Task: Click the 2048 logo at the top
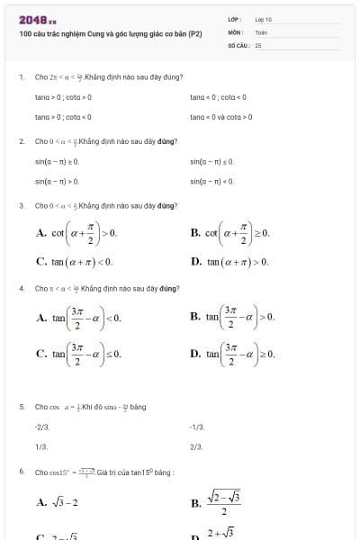37,19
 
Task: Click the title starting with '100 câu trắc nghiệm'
110,33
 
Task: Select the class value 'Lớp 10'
263,19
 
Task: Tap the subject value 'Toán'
261,31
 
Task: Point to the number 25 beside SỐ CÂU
258,44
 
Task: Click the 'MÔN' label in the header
236,31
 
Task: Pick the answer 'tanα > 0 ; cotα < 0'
63,117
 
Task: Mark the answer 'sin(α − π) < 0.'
212,181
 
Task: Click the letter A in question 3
41,232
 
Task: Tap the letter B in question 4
195,318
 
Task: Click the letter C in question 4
41,355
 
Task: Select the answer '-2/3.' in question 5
41,427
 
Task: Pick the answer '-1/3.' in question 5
198,427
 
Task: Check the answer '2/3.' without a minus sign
196,445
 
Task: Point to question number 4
21,289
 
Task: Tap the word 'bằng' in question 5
138,407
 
